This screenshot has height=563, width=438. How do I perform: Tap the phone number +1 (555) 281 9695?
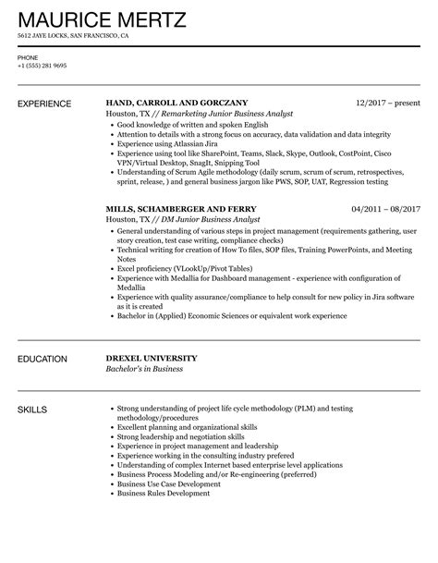tap(42, 66)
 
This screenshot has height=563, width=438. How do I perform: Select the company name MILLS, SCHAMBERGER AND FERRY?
tap(181, 208)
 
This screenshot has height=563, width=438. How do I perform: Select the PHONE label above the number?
tap(28, 57)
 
